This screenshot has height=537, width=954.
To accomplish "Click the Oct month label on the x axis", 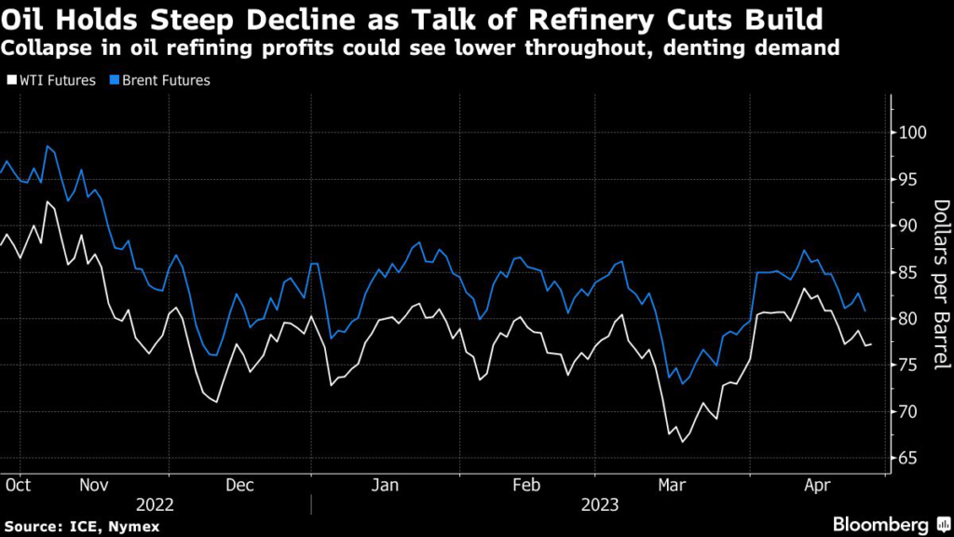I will click(x=17, y=485).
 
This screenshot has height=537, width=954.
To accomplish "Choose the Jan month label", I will click(x=385, y=485).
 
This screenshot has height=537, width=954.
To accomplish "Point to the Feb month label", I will click(x=527, y=485).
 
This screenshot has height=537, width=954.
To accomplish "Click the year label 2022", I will click(x=155, y=505).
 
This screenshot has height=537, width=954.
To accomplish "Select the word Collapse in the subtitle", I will click(x=37, y=48).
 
